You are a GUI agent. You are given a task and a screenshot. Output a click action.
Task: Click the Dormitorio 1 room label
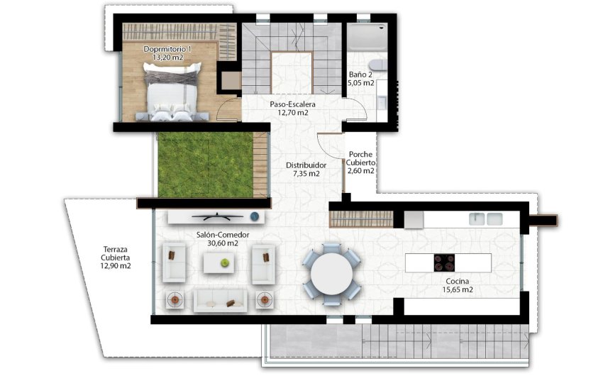pyautogui.click(x=168, y=49)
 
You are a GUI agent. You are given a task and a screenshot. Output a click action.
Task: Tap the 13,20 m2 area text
pyautogui.click(x=168, y=57)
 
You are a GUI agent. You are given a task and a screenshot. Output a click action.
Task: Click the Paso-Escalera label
pyautogui.click(x=292, y=104)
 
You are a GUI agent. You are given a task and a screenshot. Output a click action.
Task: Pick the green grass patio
pyautogui.click(x=206, y=165)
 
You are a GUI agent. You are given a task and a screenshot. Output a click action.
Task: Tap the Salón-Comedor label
pyautogui.click(x=217, y=234)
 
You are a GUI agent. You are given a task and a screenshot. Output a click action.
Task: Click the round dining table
pyautogui.click(x=332, y=274)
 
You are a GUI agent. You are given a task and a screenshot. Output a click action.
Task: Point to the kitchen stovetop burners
pyautogui.click(x=444, y=262)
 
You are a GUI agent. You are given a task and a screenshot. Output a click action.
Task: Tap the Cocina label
pyautogui.click(x=458, y=281)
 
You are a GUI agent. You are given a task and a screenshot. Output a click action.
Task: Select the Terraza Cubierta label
pyautogui.click(x=116, y=253)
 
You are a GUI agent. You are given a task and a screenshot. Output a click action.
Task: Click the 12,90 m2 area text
pyautogui.click(x=116, y=266)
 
